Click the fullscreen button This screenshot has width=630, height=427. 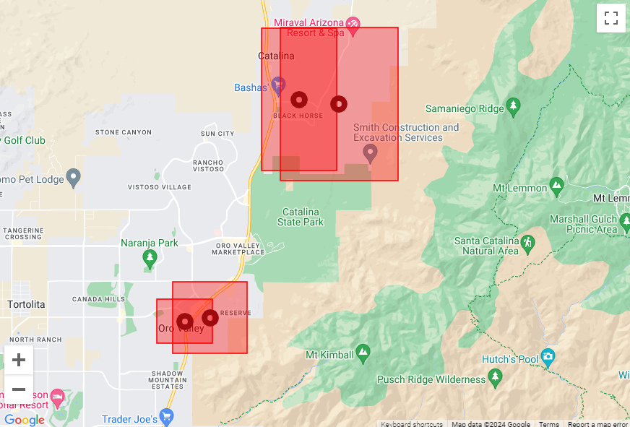pos(610,18)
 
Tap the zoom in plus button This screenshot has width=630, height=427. pos(19,360)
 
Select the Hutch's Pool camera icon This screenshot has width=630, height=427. pos(548,356)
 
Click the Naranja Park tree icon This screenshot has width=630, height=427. pos(150,258)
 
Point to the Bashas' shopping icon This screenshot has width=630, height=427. pos(278,86)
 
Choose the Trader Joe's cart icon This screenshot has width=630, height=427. pos(167,417)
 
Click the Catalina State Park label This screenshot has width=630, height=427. pos(301,217)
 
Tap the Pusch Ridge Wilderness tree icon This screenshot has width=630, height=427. pos(495,377)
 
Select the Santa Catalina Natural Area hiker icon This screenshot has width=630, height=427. pos(527,242)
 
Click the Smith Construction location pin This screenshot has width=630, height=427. pos(370,153)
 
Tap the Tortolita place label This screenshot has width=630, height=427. pos(26,304)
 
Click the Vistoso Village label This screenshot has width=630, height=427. pos(160,187)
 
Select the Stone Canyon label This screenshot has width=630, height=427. pos(124,132)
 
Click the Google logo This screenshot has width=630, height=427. pos(24,420)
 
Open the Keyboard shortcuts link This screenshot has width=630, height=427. pos(412,424)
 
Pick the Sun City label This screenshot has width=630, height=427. pos(217,134)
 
